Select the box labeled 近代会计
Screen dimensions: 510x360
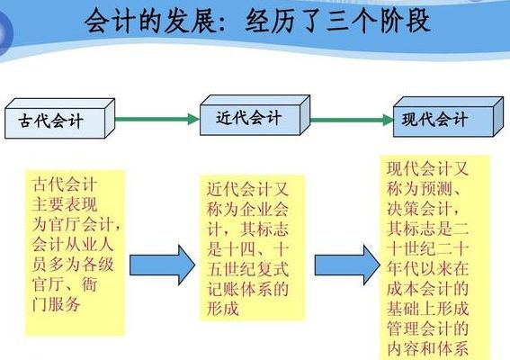coord(255,115)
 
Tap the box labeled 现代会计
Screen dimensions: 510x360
coord(448,117)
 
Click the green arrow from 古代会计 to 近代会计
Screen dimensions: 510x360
coord(157,119)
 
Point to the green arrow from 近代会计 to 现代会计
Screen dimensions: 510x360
coord(352,120)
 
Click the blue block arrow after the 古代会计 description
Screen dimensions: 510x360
coord(162,265)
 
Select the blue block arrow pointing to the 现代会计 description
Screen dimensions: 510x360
coord(347,265)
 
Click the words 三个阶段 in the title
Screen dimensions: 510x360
coord(379,22)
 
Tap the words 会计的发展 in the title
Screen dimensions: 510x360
coord(150,22)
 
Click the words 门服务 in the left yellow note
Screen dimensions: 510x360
coord(56,305)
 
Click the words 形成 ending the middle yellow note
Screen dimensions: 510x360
coord(223,308)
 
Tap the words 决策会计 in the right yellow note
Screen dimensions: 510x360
coord(419,209)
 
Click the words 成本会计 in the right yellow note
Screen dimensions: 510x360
coord(419,289)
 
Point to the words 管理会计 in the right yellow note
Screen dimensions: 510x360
coord(419,328)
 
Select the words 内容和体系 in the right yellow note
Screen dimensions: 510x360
coord(428,348)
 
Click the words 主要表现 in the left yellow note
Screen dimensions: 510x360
coord(65,204)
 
